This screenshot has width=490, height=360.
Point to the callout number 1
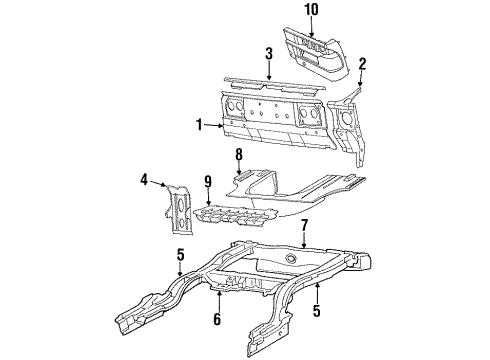198,126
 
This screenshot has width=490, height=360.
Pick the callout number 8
238,154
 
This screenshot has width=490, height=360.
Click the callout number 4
145,180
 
